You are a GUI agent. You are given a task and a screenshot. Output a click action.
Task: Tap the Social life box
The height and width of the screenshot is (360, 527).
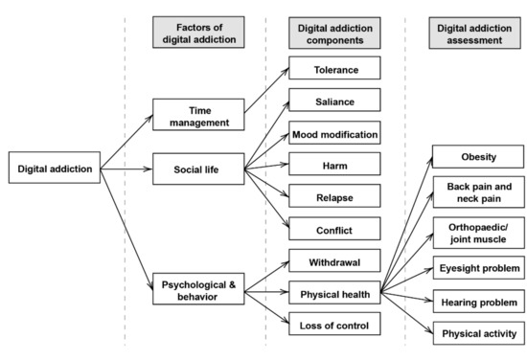pyautogui.click(x=199, y=170)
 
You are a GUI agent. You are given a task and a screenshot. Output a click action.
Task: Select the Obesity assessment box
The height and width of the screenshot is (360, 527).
pyautogui.click(x=477, y=156)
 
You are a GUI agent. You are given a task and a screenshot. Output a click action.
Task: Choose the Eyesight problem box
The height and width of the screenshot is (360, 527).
pyautogui.click(x=477, y=269)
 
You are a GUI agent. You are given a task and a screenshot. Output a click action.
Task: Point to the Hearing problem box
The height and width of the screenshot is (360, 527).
pyautogui.click(x=477, y=302)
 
